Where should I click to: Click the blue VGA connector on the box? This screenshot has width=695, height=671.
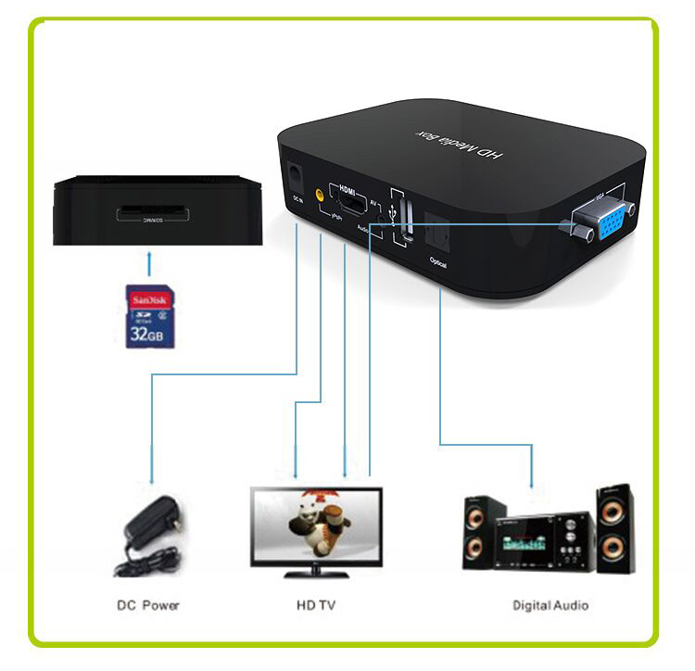click(x=598, y=222)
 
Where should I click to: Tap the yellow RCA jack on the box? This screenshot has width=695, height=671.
click(x=319, y=196)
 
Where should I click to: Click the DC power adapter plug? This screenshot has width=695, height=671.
click(x=148, y=532)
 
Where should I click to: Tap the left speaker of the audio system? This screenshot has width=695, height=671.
click(x=484, y=532)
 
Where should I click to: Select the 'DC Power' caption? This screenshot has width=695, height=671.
click(x=148, y=605)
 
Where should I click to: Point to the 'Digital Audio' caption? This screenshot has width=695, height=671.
click(x=550, y=605)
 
